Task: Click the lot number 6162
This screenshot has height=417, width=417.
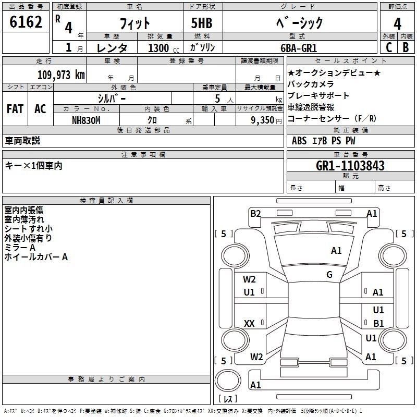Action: (26, 22)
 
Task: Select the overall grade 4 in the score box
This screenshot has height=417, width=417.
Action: (397, 24)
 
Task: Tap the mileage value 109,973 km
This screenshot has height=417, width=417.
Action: (61, 75)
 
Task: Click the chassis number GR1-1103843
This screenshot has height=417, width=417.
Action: (350, 166)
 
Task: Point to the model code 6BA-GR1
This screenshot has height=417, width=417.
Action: (299, 48)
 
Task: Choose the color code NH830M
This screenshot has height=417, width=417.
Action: (86, 120)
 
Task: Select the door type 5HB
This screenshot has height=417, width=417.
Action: (202, 23)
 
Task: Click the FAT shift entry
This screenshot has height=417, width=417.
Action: (15, 109)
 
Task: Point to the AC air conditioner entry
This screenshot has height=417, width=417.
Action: (41, 109)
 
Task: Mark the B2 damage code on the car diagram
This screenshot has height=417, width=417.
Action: (255, 214)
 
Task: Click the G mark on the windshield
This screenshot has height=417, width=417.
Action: (329, 274)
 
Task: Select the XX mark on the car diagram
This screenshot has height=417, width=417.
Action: (249, 323)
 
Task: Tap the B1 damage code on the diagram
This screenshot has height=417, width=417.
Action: (379, 323)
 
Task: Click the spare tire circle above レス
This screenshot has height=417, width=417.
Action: (228, 381)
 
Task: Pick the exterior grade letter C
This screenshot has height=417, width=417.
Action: (389, 47)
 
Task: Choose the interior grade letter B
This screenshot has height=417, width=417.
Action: (406, 47)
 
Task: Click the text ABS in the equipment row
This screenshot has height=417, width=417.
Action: (299, 141)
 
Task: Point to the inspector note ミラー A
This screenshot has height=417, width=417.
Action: (20, 248)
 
